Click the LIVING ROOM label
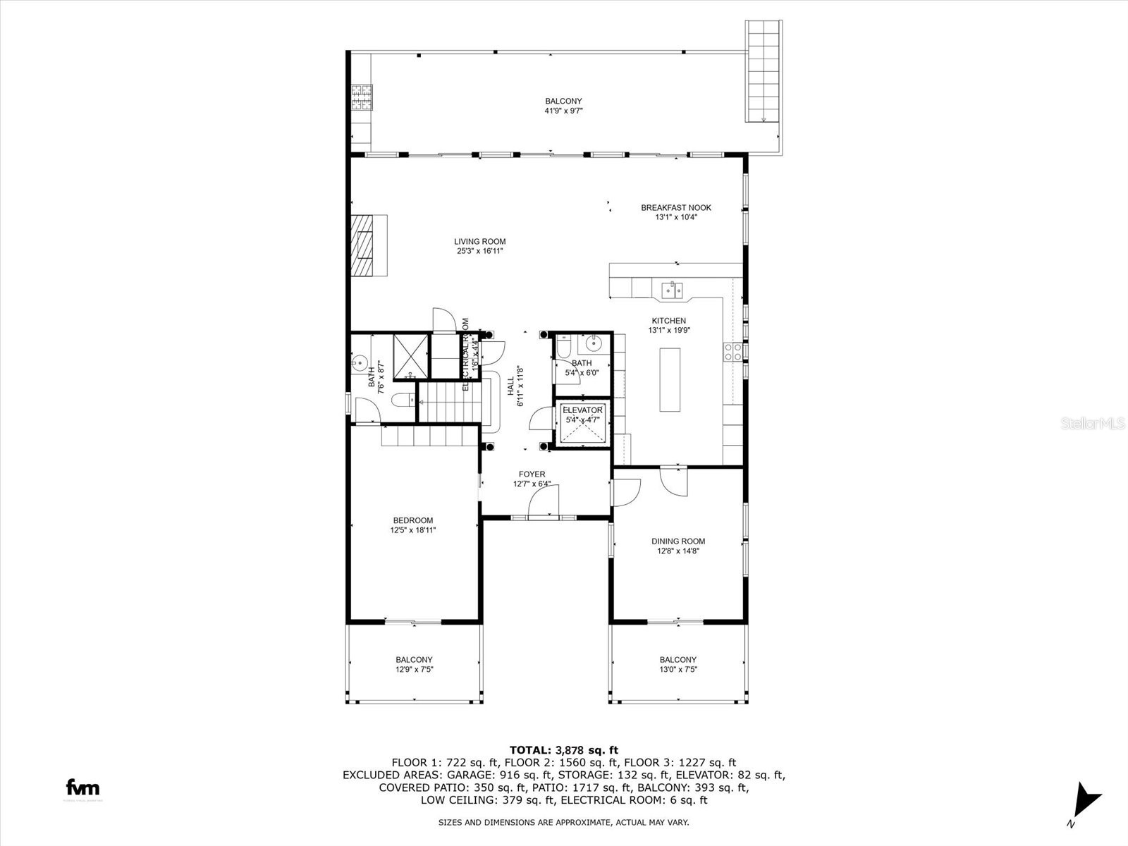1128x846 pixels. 479,242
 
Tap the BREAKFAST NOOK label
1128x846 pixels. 675,208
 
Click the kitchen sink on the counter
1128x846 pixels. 671,289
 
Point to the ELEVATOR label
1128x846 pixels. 582,410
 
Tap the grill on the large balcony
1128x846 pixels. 362,98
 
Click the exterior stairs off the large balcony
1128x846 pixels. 764,70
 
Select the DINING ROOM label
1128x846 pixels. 678,541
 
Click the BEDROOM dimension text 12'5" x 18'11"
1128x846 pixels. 413,530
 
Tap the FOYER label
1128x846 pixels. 532,474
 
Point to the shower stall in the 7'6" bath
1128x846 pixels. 410,356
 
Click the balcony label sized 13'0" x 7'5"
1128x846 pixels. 678,665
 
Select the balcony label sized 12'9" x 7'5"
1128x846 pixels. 414,665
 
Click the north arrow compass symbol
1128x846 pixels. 1086,803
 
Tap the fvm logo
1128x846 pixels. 82,787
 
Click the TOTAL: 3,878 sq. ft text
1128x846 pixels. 563,750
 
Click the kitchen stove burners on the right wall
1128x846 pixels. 732,352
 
